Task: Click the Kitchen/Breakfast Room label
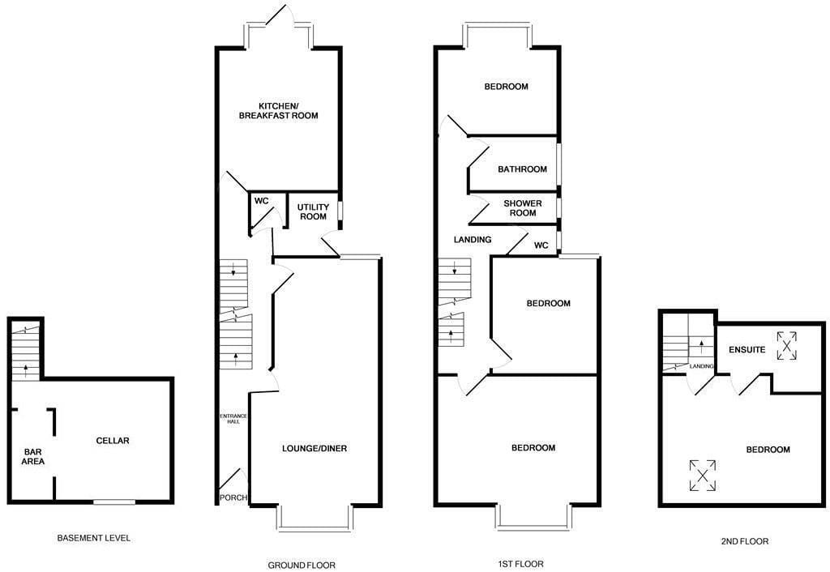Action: click(x=279, y=110)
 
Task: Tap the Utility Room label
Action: click(x=313, y=211)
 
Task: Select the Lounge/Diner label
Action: click(x=314, y=449)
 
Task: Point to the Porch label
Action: click(x=233, y=498)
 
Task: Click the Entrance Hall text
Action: click(x=233, y=419)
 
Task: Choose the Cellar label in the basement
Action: click(x=113, y=441)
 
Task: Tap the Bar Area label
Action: click(x=32, y=457)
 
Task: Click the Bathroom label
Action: click(x=522, y=169)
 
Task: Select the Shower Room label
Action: click(x=523, y=208)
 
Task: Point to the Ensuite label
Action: click(x=747, y=350)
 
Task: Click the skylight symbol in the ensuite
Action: click(x=786, y=345)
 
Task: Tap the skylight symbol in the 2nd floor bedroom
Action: click(x=703, y=475)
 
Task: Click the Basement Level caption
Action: click(x=94, y=538)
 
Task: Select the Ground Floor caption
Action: click(x=302, y=566)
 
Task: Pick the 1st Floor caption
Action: click(x=521, y=564)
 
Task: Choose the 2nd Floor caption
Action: click(x=744, y=541)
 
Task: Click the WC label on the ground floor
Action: click(x=262, y=201)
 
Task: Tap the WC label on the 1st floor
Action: click(x=541, y=245)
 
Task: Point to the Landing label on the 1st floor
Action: click(x=473, y=240)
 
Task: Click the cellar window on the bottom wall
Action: click(x=114, y=502)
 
